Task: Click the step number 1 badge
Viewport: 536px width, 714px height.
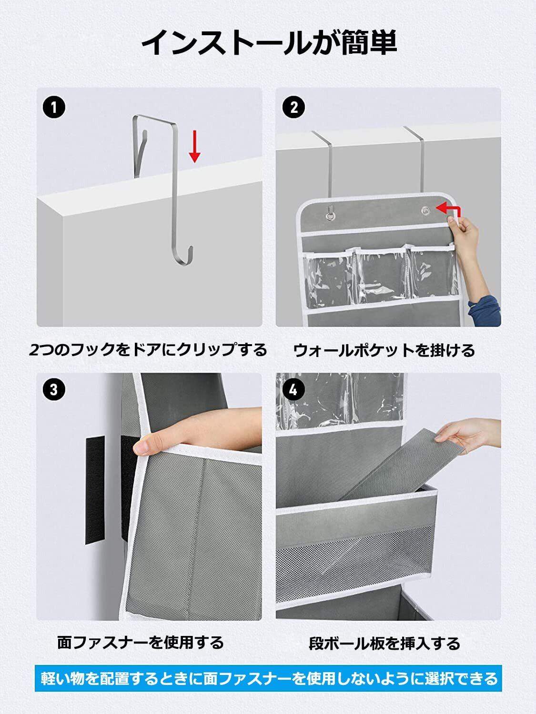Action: (x=54, y=107)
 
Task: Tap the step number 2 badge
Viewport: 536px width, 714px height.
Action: (x=293, y=107)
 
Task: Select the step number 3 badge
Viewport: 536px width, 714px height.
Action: (x=54, y=389)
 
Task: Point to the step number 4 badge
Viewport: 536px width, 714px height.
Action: (x=293, y=389)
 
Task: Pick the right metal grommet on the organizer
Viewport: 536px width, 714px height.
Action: (x=425, y=210)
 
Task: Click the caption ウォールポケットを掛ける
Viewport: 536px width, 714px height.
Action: (x=384, y=350)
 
